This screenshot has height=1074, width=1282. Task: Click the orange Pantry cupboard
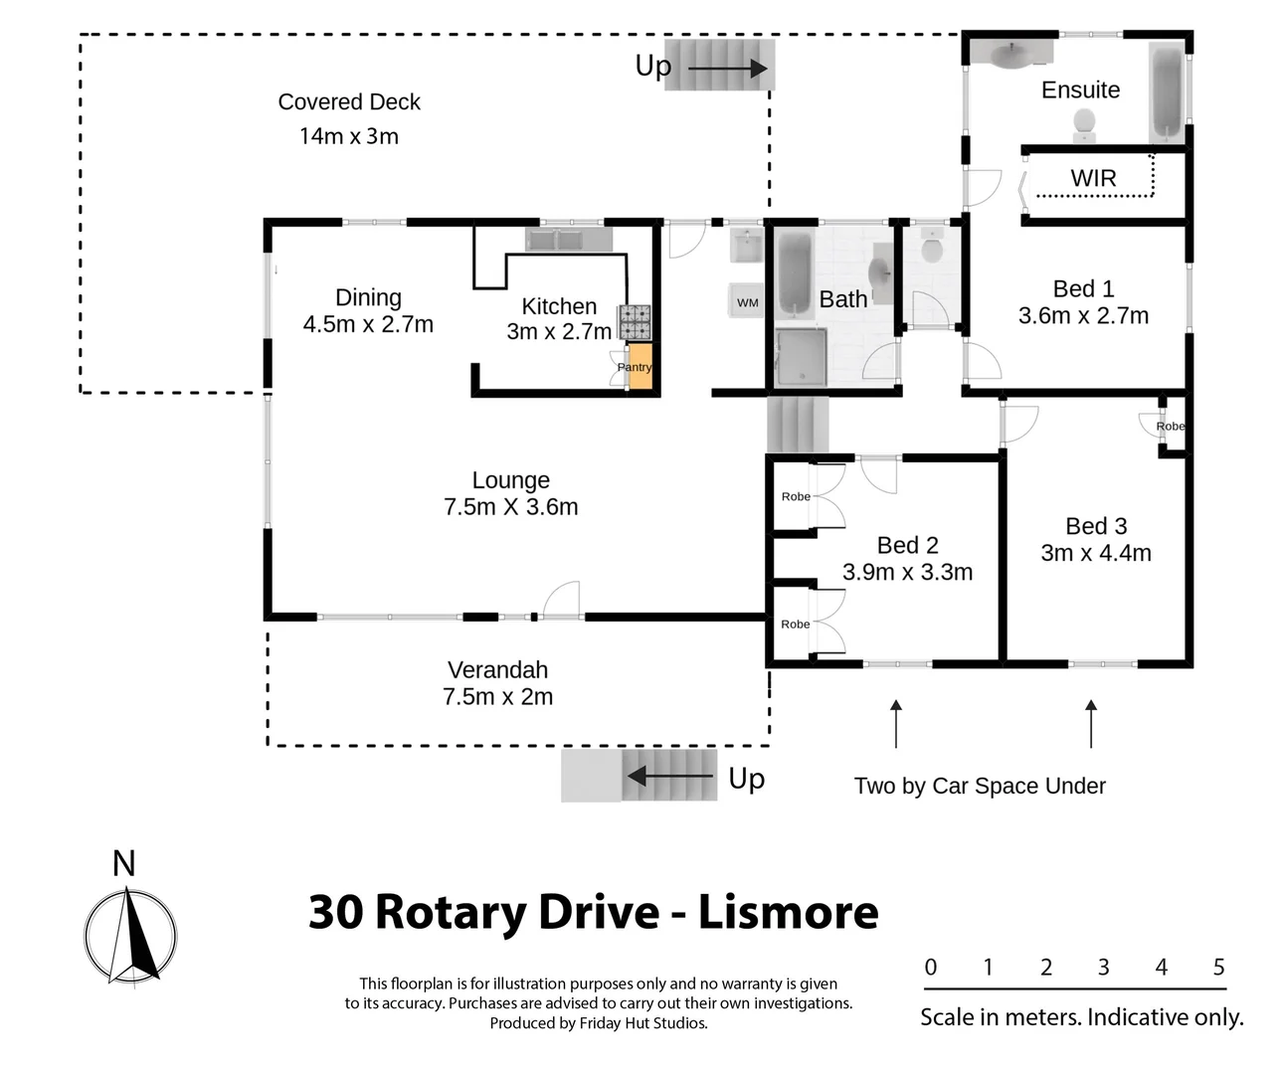641,367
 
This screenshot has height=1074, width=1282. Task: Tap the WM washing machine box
748,302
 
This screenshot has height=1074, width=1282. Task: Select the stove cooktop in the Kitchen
635,322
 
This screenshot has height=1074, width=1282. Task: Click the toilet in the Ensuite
1084,124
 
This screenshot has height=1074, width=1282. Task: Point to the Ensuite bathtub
1167,91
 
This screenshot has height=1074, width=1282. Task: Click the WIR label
1093,178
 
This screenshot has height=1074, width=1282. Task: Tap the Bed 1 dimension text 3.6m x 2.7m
1083,316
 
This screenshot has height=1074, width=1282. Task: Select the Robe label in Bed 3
1170,427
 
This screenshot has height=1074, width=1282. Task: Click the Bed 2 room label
907,545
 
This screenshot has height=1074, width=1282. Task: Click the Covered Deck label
349,101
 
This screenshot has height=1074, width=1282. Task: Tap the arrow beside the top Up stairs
728,68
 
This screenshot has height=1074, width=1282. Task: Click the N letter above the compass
123,863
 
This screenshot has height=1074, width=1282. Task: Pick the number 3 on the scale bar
1103,967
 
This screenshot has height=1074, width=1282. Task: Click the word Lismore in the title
788,912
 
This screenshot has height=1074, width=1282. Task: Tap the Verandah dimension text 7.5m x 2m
497,697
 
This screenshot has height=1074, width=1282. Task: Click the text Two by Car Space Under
980,786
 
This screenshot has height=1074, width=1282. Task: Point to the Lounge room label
510,480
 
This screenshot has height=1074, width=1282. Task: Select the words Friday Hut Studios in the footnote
642,1023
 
